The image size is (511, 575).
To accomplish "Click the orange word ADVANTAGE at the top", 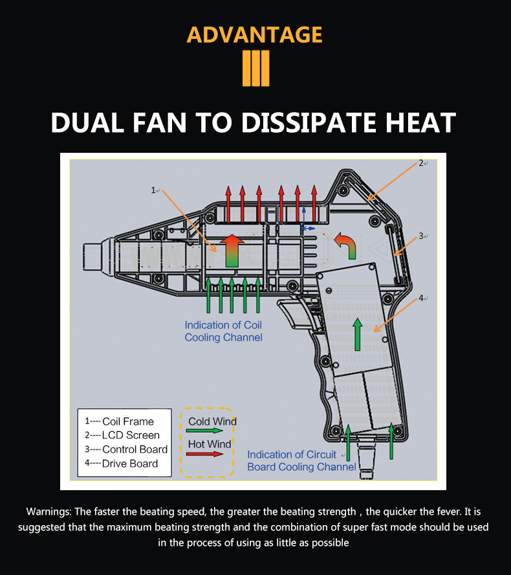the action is coord(255,35).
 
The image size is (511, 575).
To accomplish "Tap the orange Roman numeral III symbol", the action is coord(255,68).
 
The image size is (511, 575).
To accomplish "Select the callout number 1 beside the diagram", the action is coord(153,190).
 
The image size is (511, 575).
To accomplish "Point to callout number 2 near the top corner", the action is coord(421,163).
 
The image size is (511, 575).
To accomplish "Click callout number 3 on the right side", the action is coord(421,236).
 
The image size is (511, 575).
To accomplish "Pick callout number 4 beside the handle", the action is coord(421,298).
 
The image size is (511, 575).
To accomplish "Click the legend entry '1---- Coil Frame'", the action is coord(120,422).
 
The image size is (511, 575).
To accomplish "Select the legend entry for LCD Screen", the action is coord(122,435).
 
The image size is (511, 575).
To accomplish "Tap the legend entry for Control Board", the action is coord(126,449).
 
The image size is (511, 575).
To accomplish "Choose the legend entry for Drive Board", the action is coord(121,464).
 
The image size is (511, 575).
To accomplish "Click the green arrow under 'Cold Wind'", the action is coord(204,431).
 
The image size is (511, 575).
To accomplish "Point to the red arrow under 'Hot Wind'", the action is coord(204,454).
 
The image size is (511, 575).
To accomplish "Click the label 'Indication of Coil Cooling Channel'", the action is coord(223,331).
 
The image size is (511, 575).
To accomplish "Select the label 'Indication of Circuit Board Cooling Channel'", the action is coord(301,460).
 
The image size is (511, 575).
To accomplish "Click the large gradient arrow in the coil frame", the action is coord(232,251).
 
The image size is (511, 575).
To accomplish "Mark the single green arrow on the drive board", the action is coord(358,334).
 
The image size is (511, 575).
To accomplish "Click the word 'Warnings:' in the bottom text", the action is coord(49,512).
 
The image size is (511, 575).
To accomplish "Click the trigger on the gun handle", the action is coord(296,312).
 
